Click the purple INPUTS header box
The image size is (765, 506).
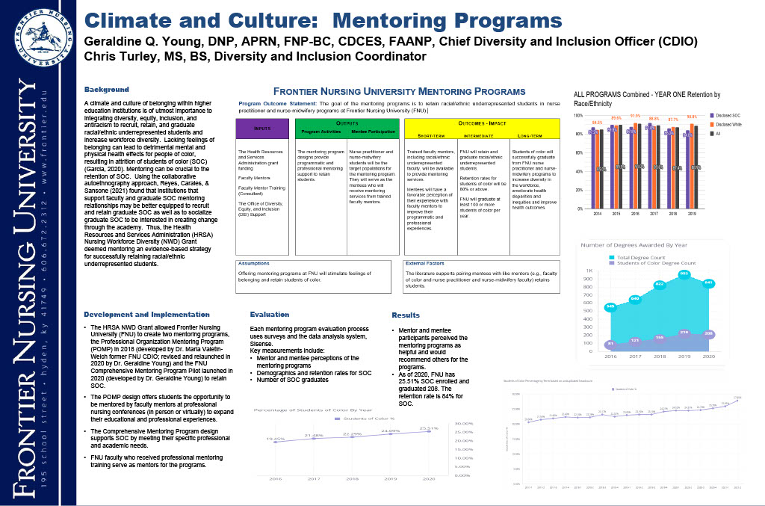262,129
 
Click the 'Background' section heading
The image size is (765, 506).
107,90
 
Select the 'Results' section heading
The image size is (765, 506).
406,315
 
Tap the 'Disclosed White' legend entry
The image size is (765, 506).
729,125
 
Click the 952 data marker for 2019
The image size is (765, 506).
683,274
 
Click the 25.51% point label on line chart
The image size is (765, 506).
428,428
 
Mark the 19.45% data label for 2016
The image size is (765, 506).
276,439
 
